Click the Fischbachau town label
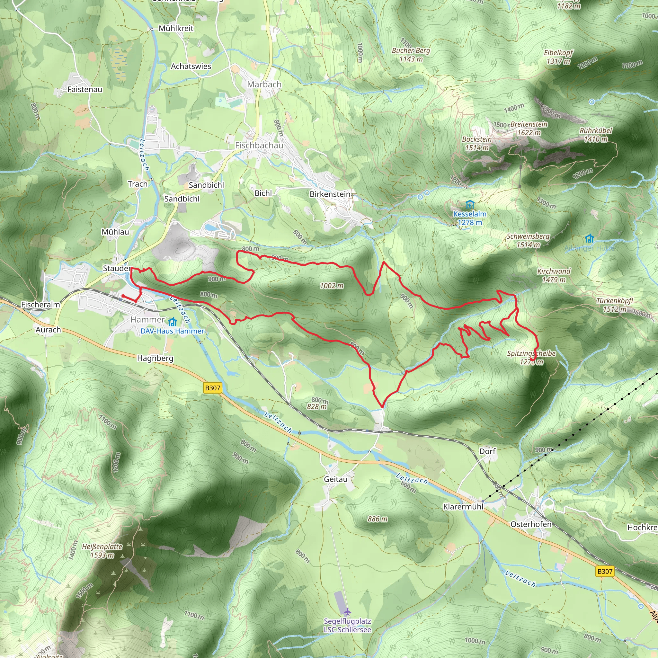(x=259, y=146)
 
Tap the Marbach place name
(x=264, y=84)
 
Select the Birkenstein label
(x=330, y=194)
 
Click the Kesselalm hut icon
(x=470, y=205)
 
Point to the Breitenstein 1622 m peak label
(x=529, y=129)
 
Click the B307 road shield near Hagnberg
(x=212, y=387)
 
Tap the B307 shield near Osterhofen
(x=605, y=571)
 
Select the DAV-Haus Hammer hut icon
(x=173, y=322)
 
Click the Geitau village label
(x=335, y=479)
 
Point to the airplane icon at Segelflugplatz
(x=347, y=612)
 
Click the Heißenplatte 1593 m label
(x=102, y=551)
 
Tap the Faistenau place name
(x=85, y=90)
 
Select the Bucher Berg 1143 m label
(x=411, y=55)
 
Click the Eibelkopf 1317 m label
(x=558, y=57)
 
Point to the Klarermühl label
(x=463, y=507)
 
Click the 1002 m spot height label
(x=331, y=286)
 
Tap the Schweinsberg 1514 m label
(x=528, y=240)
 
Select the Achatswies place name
(x=191, y=67)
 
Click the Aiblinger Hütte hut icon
(x=589, y=238)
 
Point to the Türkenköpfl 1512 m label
(x=614, y=305)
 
